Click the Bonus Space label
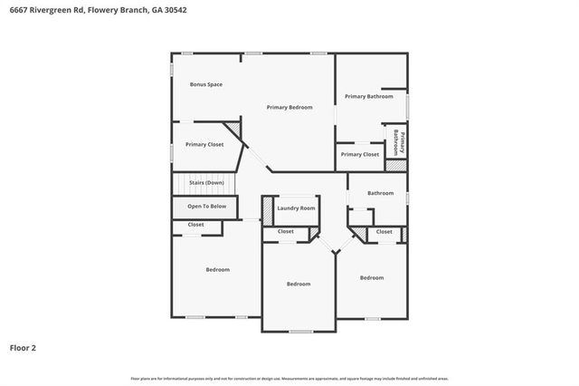click(x=205, y=84)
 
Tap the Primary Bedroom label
click(x=289, y=107)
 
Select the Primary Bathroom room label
click(x=368, y=96)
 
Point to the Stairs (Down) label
click(x=206, y=183)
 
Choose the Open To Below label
click(x=206, y=206)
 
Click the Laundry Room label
click(x=296, y=208)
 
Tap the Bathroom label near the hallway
click(x=380, y=192)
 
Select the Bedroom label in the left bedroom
click(x=217, y=269)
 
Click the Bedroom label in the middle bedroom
click(x=299, y=284)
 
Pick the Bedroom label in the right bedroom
click(x=371, y=277)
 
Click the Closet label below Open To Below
click(x=195, y=224)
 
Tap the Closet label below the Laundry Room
click(x=285, y=231)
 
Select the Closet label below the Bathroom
click(x=384, y=231)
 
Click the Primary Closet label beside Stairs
click(x=204, y=144)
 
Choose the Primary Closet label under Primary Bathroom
click(x=360, y=154)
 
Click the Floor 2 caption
click(x=23, y=346)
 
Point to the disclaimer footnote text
click(x=289, y=378)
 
